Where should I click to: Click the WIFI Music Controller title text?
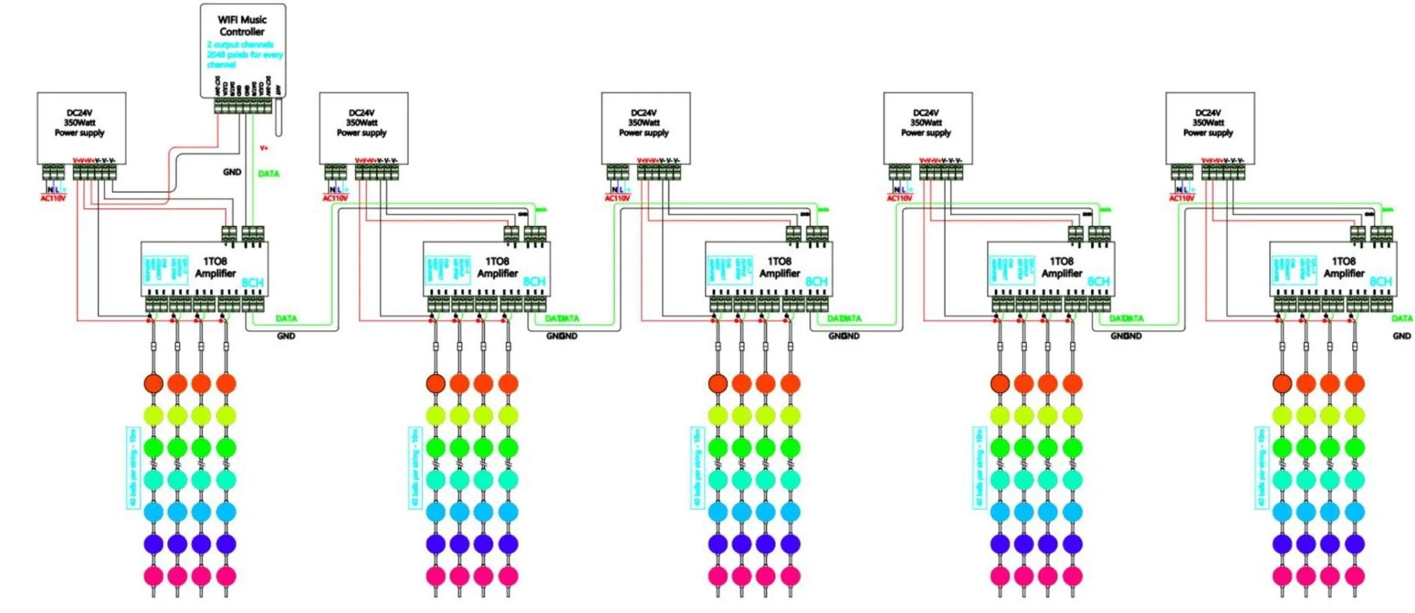click(242, 26)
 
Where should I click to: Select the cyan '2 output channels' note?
click(240, 44)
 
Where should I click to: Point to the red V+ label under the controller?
click(264, 148)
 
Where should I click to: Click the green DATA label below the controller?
click(268, 173)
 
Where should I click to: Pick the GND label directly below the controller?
click(232, 172)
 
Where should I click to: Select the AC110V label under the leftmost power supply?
click(53, 199)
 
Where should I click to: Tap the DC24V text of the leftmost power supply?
click(79, 113)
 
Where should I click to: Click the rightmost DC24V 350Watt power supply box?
click(1210, 128)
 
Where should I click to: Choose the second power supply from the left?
click(363, 128)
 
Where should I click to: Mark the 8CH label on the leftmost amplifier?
click(252, 282)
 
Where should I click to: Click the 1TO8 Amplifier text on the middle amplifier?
click(779, 267)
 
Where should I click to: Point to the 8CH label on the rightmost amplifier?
click(1380, 282)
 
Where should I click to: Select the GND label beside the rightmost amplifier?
click(1402, 336)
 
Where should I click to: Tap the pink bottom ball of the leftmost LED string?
click(153, 576)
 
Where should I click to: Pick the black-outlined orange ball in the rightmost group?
click(1282, 384)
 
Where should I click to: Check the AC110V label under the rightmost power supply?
click(1181, 199)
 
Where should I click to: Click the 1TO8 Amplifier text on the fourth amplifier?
click(1061, 267)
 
